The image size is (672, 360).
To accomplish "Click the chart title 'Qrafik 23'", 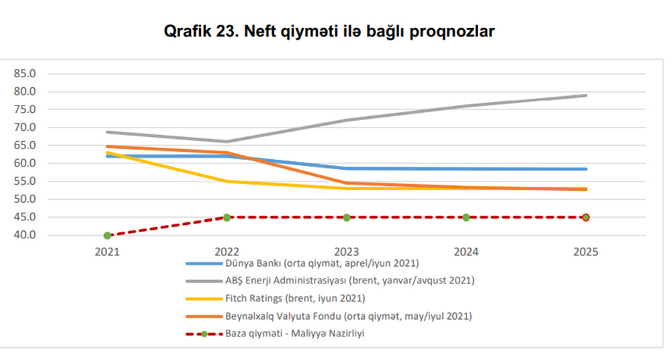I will point(329,32).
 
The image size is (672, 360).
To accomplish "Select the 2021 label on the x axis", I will point(108,253).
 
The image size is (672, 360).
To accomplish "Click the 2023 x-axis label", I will point(347,253).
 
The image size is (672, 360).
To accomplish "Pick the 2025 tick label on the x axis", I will point(586,253).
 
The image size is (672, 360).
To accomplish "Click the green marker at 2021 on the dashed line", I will point(108,236).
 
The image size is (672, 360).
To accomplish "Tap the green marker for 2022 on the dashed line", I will point(227,218).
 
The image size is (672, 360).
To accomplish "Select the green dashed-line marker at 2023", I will point(347,218).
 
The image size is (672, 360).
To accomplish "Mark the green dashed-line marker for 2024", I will point(466,218).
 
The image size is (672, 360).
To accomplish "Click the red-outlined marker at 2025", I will point(586,218).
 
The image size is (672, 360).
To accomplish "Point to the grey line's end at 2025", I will point(586,95).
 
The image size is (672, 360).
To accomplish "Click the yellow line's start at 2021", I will point(108,152).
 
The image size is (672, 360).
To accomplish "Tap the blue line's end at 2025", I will point(586,169).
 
